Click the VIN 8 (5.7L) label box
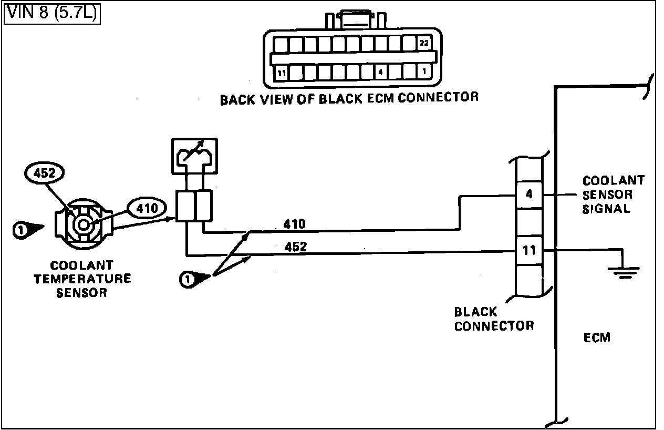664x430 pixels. pos(51,13)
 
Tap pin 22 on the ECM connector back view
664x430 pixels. pos(424,44)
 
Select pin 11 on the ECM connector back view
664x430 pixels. pos(282,73)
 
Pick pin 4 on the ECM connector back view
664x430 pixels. pos(381,72)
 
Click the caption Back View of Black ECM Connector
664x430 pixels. pos(349,98)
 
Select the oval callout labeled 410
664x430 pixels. pos(146,209)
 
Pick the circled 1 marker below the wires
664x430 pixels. pos(187,280)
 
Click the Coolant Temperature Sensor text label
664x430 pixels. pos(82,279)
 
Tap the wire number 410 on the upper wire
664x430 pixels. pos(295,224)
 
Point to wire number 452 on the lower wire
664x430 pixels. pos(295,246)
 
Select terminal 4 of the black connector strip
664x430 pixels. pos(529,194)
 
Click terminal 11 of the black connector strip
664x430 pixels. pos(529,250)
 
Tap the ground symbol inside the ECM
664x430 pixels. pos(624,271)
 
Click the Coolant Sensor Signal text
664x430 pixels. pos(613,194)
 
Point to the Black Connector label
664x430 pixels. pos(494,319)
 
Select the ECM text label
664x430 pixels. pos(597,337)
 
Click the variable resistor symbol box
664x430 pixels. pos(194,156)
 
